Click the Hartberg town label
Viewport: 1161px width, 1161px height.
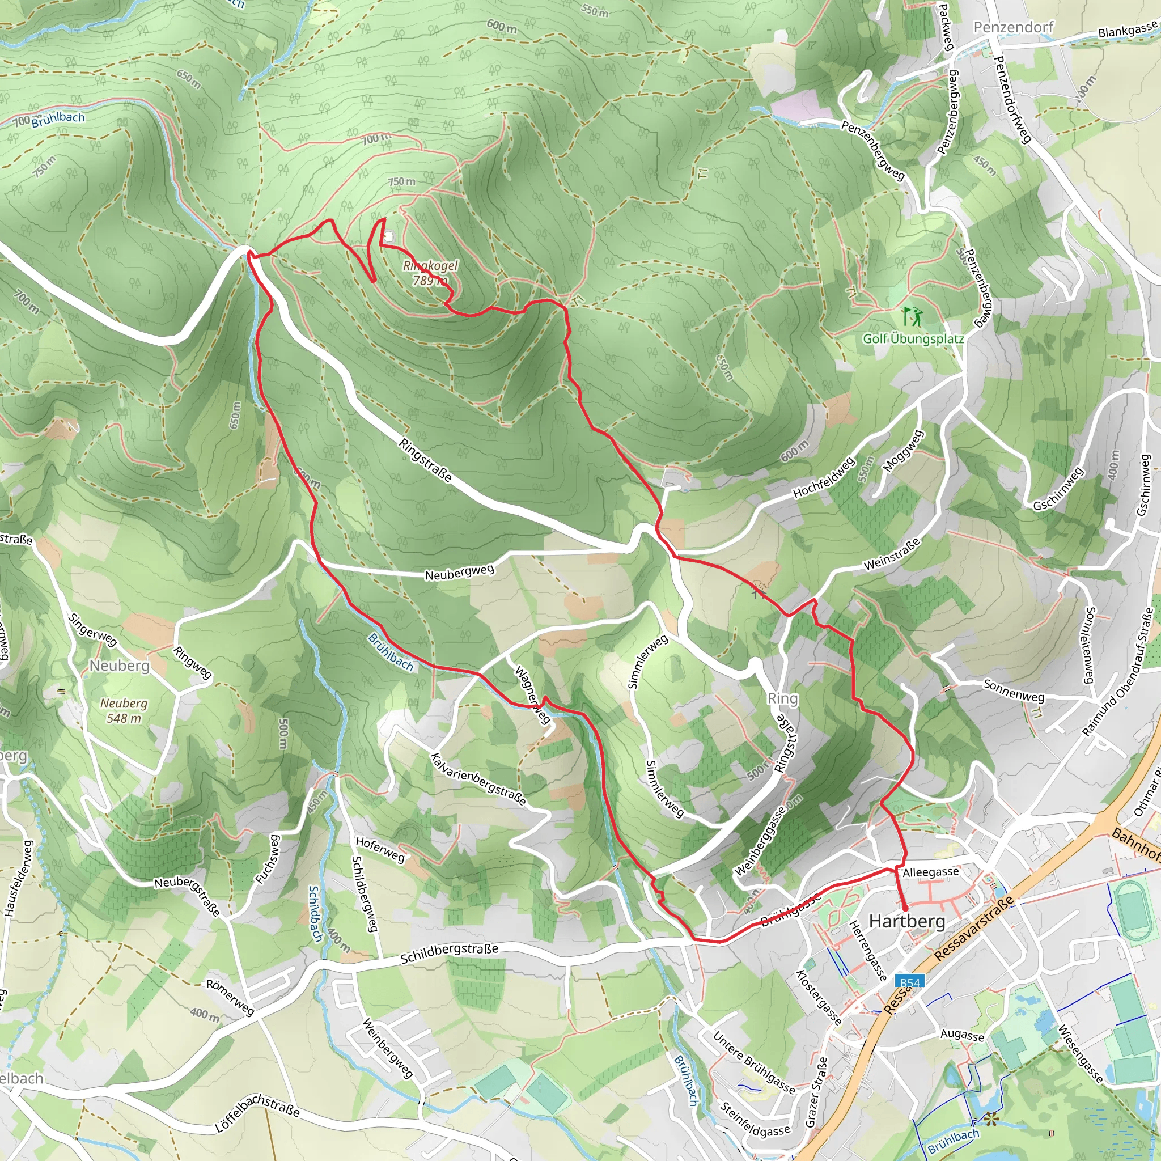click(x=907, y=921)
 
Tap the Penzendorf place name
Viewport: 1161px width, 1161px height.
click(x=1013, y=27)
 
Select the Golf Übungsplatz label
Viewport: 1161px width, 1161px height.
click(x=913, y=339)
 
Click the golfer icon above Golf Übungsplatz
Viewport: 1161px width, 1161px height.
click(x=912, y=316)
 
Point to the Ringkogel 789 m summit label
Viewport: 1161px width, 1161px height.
click(x=430, y=273)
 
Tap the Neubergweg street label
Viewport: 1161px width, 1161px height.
click(x=460, y=571)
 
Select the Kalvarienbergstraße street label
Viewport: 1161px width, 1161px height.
click(x=478, y=779)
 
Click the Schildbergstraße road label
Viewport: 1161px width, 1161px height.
click(x=449, y=953)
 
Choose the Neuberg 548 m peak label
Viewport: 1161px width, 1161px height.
click(x=124, y=710)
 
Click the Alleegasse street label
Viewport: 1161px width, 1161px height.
click(x=931, y=872)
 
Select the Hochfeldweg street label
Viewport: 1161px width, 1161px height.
click(x=823, y=478)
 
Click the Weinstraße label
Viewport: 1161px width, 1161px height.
click(x=892, y=554)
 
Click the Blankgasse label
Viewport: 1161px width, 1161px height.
click(x=1128, y=29)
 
